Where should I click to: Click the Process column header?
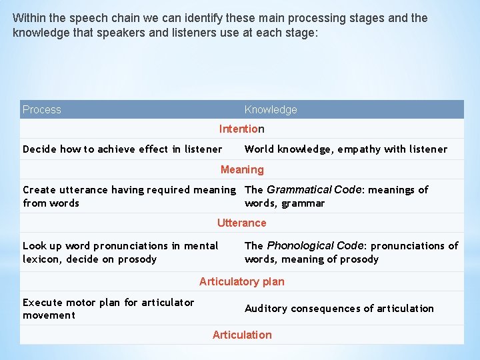pos(42,109)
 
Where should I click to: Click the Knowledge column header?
pos(271,109)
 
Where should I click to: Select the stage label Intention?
pos(241,129)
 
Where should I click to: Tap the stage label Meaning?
pos(242,169)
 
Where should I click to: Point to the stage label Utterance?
pos(241,223)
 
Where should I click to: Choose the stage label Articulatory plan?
pos(241,281)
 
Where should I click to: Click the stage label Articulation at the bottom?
pos(242,335)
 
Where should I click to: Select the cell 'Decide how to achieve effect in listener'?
pos(122,149)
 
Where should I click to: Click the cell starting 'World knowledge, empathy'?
pos(345,149)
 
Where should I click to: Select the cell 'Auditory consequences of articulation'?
pos(339,308)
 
